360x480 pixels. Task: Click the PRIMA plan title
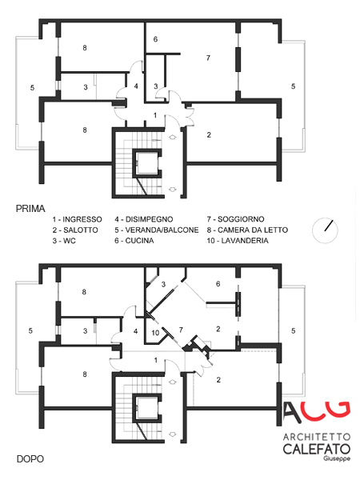point(30,209)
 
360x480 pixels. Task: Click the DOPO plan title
point(30,459)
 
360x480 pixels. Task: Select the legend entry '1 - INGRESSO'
point(77,219)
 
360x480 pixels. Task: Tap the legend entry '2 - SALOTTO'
point(75,230)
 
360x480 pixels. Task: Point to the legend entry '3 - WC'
point(64,241)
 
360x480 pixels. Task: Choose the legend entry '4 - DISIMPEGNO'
point(144,219)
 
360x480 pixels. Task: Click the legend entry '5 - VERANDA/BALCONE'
point(157,230)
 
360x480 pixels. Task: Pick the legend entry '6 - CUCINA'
point(134,241)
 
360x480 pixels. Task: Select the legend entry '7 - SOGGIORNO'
point(235,219)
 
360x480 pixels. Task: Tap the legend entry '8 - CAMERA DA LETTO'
point(247,230)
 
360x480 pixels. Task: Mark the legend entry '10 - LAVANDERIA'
point(238,241)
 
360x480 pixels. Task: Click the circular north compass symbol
point(325,230)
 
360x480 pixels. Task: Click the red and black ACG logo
point(316,412)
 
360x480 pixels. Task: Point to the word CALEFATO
point(317,449)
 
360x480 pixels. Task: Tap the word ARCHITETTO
point(317,437)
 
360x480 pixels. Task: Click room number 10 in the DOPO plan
point(155,333)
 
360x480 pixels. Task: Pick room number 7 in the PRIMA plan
point(208,58)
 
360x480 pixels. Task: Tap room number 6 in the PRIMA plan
point(155,39)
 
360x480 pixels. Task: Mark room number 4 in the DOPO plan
point(136,331)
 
